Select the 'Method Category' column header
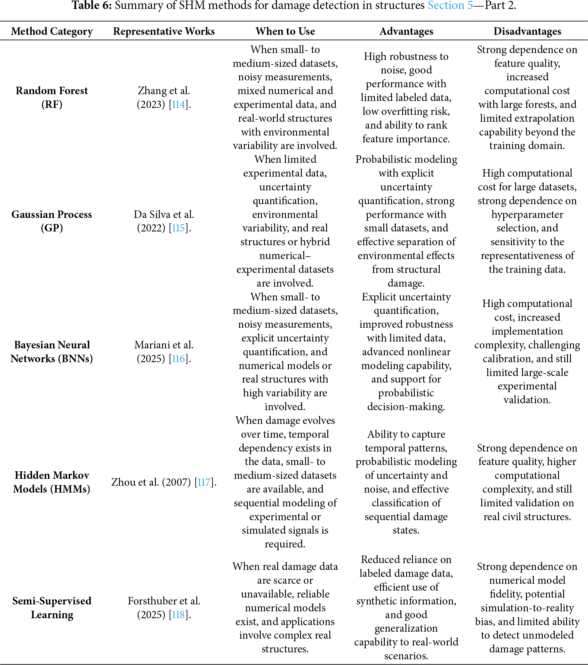tap(52, 31)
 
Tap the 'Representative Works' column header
tap(164, 31)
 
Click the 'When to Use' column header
tap(285, 31)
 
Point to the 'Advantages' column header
tap(406, 31)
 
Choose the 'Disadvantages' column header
tap(527, 31)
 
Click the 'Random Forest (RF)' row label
tap(52, 97)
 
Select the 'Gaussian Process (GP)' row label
tap(52, 221)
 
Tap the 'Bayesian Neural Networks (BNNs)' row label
tap(52, 352)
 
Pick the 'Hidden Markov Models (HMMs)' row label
tap(52, 482)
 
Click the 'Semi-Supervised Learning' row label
tap(52, 608)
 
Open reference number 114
tap(178, 104)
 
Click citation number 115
tap(178, 228)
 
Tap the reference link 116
tap(178, 359)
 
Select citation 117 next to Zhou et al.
tap(204, 482)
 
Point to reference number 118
tap(178, 615)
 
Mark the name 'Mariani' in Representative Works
tap(150, 345)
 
